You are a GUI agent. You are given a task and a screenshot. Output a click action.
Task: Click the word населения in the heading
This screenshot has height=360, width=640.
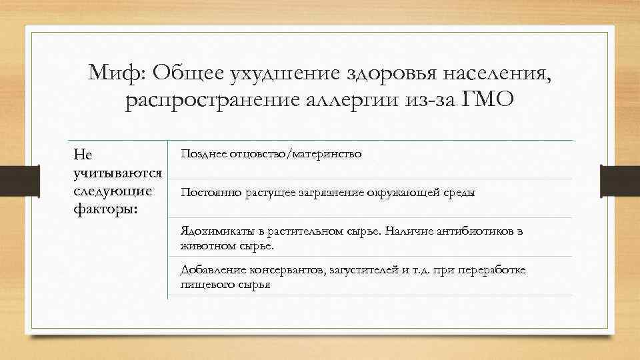pyautogui.click(x=495, y=71)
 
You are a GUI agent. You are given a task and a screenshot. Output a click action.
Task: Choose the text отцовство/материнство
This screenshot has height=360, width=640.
pyautogui.click(x=295, y=154)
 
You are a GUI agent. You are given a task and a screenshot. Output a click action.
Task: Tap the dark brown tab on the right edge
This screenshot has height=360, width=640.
pyautogui.click(x=620, y=181)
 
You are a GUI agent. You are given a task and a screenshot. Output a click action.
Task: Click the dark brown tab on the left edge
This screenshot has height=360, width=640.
pyautogui.click(x=10, y=181)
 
